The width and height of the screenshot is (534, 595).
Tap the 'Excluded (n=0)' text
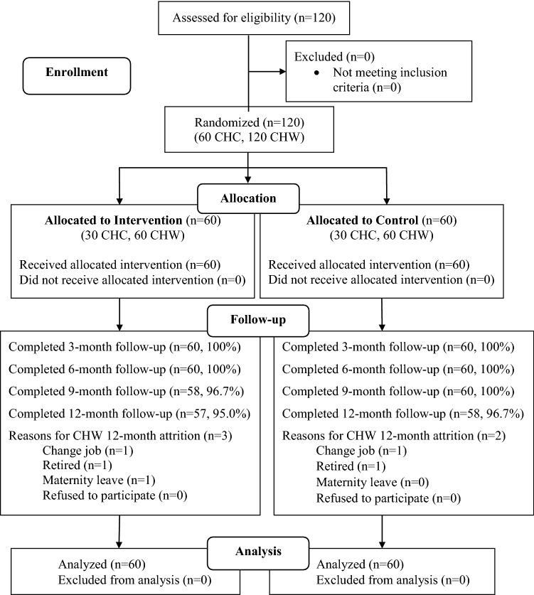click(331, 57)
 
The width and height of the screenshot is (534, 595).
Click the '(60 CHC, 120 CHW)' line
click(248, 137)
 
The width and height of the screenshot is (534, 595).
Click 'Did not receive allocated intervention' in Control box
click(382, 279)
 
